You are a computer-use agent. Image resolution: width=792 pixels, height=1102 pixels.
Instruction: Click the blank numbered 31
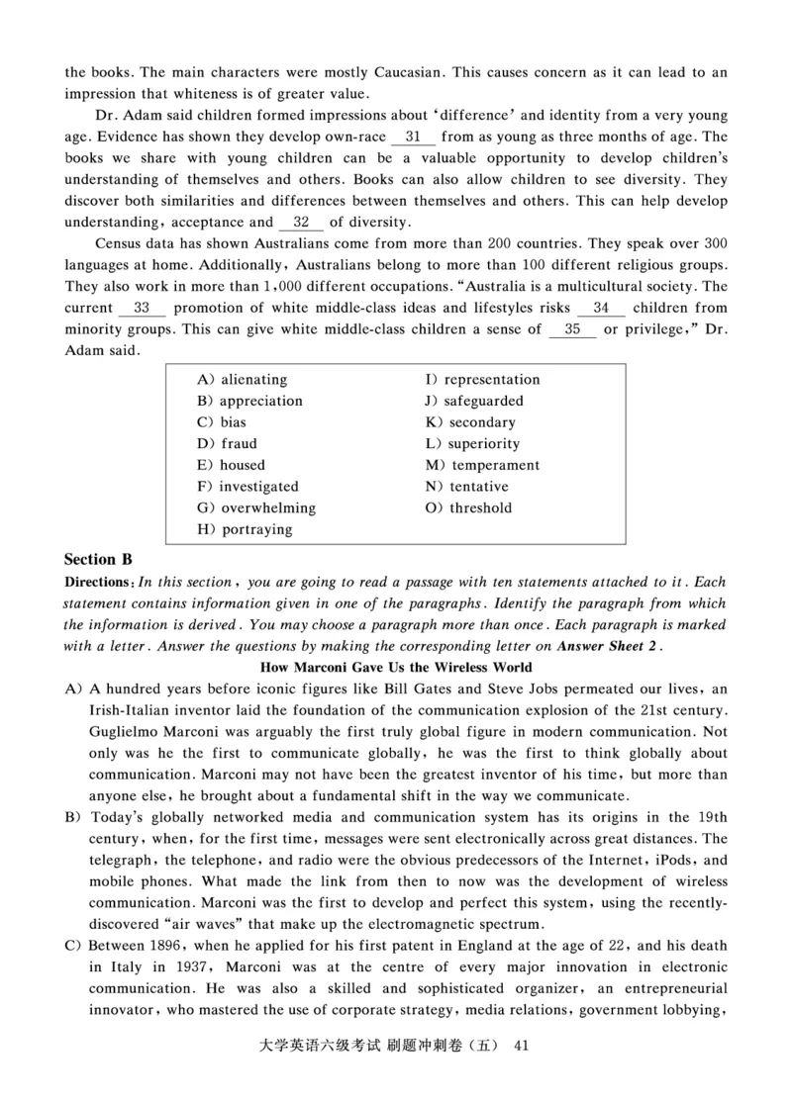[414, 138]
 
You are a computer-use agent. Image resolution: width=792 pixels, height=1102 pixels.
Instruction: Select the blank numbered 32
[302, 223]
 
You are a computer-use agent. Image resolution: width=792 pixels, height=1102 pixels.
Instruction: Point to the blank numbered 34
[601, 308]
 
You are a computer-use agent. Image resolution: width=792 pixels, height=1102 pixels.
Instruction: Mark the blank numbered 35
[572, 329]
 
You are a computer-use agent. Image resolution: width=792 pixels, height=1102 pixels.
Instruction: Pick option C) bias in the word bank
[222, 422]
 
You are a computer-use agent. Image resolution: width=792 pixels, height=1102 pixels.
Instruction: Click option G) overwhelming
[256, 508]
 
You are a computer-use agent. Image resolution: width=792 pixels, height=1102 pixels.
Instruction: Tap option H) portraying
[246, 530]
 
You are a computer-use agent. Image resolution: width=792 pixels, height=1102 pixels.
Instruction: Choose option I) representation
[483, 380]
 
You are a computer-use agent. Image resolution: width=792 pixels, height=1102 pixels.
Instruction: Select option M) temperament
[483, 465]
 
